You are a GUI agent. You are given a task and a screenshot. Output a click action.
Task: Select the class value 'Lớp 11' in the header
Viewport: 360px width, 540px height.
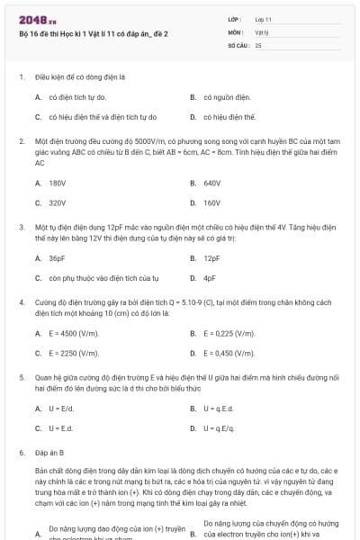(x=264, y=18)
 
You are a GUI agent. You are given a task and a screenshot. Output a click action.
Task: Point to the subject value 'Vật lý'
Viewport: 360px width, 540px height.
(x=262, y=31)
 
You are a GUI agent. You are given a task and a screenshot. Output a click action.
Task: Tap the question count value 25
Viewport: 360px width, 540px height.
(x=258, y=44)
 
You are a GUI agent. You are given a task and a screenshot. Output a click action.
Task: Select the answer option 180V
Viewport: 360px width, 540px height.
(x=57, y=183)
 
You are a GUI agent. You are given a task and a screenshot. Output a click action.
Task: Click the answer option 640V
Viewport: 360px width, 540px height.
(x=212, y=183)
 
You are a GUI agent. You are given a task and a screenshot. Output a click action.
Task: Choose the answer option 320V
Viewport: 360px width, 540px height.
(x=57, y=203)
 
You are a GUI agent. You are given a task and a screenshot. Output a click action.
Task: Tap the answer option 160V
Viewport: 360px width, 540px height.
(x=212, y=203)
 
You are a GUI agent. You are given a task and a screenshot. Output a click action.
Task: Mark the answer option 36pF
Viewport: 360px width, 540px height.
(x=57, y=257)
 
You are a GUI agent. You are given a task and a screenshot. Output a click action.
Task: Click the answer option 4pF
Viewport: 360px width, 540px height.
(x=210, y=278)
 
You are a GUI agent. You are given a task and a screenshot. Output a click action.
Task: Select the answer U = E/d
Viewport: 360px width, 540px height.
(x=60, y=408)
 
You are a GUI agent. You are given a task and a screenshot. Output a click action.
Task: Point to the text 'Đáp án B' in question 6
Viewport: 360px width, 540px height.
(x=49, y=453)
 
